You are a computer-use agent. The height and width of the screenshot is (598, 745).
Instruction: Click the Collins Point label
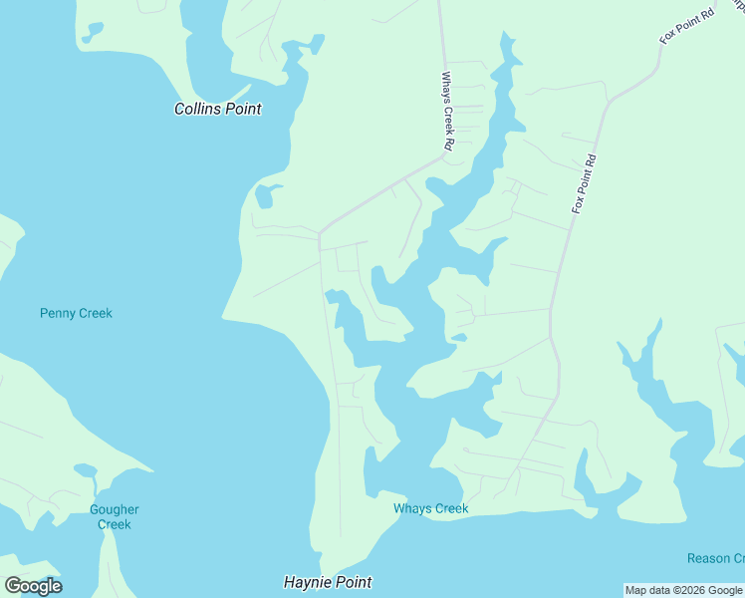217,109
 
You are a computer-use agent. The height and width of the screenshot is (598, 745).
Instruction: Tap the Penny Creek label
76,313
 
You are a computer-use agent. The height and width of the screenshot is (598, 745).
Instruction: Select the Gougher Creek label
115,517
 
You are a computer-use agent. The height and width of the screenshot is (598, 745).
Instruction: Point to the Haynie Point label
327,582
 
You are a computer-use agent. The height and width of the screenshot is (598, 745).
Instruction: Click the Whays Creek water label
430,508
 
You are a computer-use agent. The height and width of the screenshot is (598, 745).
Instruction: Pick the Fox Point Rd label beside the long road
584,184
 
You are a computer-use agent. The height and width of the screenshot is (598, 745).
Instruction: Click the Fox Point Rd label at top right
687,26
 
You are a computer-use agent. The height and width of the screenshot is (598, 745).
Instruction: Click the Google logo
33,586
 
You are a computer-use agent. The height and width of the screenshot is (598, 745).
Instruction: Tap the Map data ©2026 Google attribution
683,591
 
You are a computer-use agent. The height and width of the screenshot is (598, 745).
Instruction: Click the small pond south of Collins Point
265,195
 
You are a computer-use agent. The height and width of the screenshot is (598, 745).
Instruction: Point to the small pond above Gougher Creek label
85,469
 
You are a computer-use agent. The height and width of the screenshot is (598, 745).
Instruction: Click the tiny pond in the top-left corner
93,33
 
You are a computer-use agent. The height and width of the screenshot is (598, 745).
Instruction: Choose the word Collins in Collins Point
197,109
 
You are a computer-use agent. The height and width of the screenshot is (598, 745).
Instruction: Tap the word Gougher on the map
115,510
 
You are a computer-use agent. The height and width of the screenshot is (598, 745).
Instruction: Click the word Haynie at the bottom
306,582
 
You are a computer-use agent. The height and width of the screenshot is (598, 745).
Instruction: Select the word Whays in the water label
412,508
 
